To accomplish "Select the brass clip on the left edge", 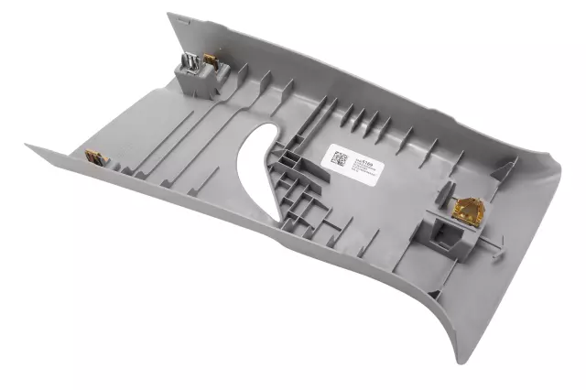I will pyautogui.click(x=94, y=157).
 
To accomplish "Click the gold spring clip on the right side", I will pyautogui.click(x=468, y=210).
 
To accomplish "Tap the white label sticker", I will pyautogui.click(x=353, y=162).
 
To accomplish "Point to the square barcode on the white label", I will pyautogui.click(x=339, y=156).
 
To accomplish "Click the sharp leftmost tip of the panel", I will pyautogui.click(x=27, y=146).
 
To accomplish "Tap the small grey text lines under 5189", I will pyautogui.click(x=362, y=168).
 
